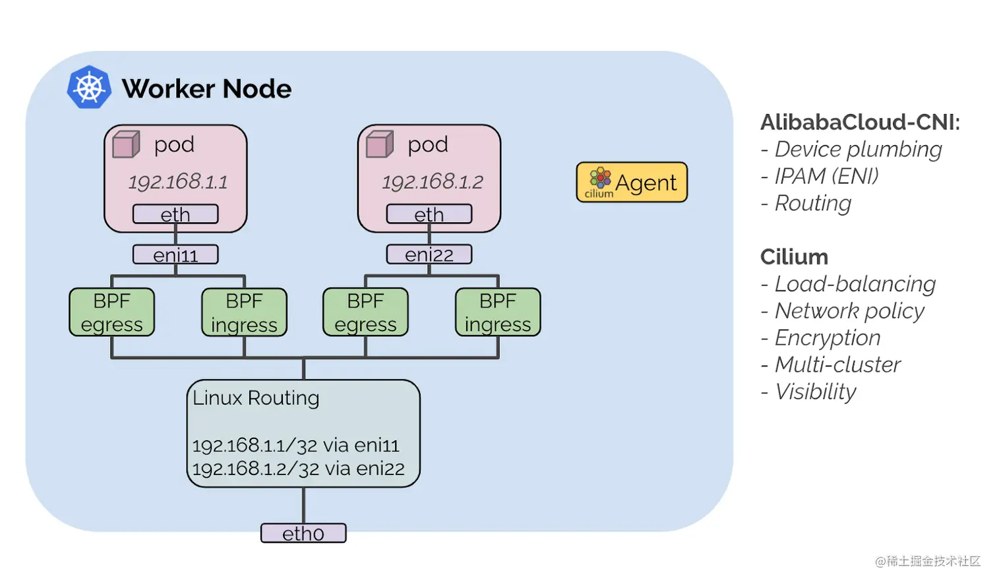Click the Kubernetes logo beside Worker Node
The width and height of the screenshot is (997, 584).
[89, 87]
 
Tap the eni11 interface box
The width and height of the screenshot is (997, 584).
[175, 254]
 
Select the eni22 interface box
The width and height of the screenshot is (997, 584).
[429, 254]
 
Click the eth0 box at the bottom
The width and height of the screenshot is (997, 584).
[303, 533]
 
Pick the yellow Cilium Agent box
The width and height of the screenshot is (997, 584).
[632, 182]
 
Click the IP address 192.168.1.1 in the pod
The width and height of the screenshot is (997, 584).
[178, 182]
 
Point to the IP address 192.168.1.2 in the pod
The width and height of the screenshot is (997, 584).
[433, 182]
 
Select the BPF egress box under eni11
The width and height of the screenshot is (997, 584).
[111, 312]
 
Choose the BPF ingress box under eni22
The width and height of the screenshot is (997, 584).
[498, 312]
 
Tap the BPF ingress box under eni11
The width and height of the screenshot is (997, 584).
[244, 312]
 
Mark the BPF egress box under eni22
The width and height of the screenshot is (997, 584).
[365, 312]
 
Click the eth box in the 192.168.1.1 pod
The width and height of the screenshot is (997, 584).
[175, 214]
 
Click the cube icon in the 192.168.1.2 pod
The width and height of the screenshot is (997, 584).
[380, 144]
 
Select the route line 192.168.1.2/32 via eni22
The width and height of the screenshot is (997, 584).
[299, 469]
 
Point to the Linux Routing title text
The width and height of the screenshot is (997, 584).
[256, 398]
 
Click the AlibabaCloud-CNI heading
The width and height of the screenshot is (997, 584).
[860, 122]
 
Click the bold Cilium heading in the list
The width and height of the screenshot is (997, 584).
[794, 257]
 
